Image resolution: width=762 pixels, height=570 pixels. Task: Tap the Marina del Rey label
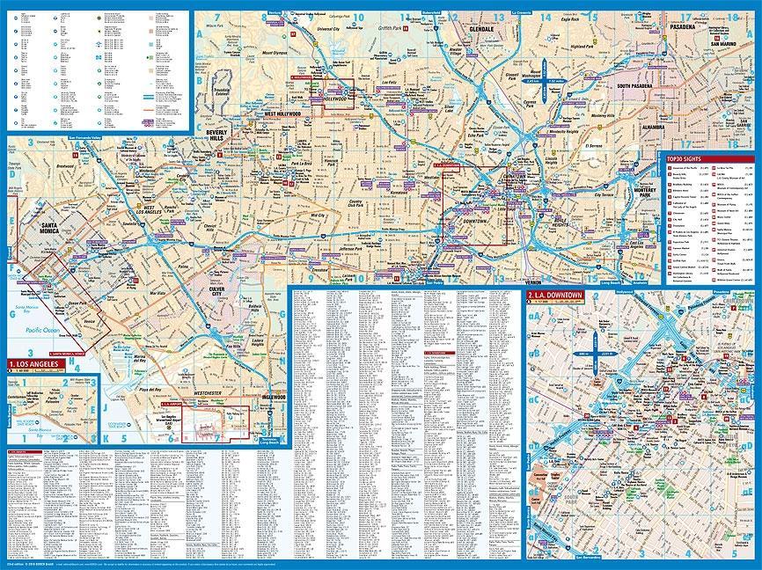(140, 356)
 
